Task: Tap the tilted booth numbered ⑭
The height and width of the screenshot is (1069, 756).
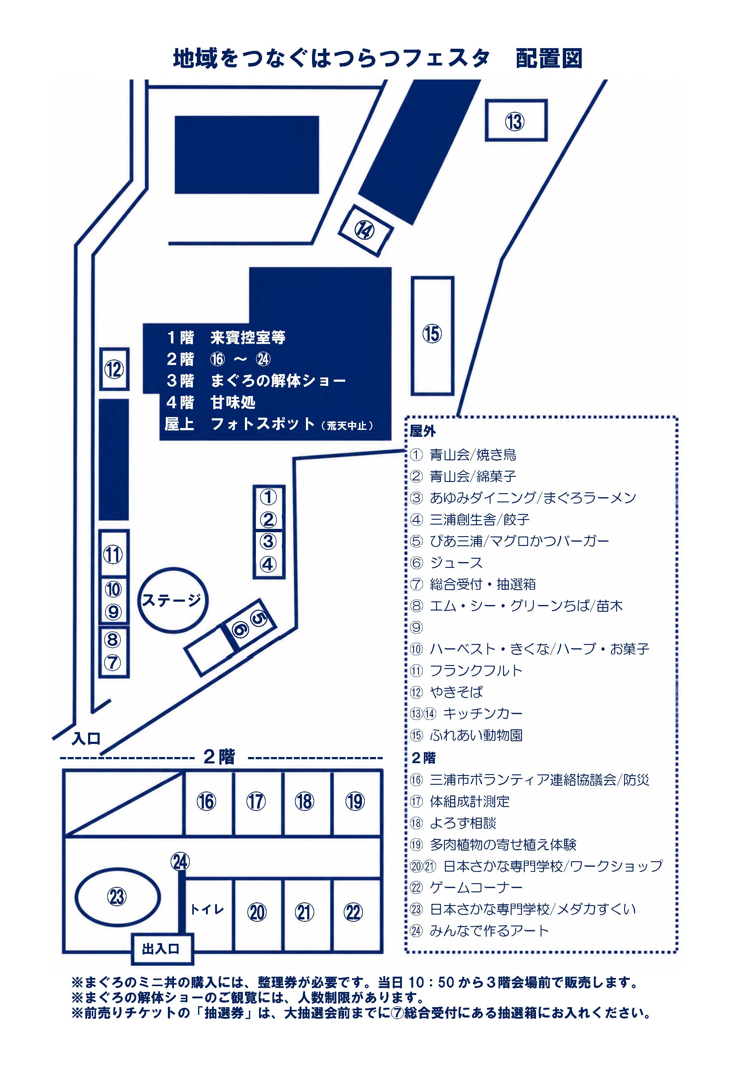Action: point(366,231)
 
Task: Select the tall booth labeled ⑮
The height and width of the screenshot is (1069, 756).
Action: point(432,336)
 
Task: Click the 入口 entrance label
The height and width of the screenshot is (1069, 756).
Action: point(86,739)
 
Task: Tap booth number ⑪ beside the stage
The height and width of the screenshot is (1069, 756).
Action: point(114,554)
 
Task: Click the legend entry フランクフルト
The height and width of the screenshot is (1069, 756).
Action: point(476,671)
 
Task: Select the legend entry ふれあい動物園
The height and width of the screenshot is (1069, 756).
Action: point(476,735)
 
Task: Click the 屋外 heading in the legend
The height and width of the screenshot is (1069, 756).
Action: point(422,431)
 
